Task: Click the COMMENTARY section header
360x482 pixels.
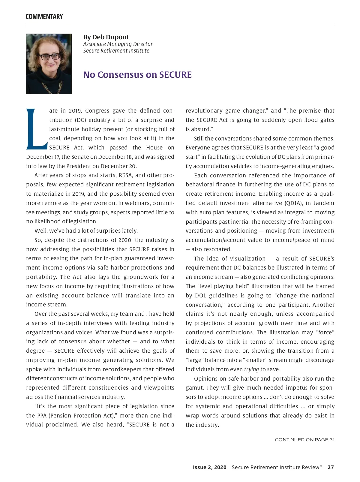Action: tap(44, 17)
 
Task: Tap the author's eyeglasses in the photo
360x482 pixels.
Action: tap(50, 56)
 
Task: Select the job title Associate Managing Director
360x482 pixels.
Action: tap(118, 44)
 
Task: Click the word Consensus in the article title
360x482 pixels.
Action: tap(127, 74)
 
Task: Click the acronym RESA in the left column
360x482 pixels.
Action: tap(125, 175)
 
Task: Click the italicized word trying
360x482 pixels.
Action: tap(251, 369)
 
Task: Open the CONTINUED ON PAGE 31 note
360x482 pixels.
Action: tap(304, 440)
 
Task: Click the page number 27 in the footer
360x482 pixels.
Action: tap(331, 467)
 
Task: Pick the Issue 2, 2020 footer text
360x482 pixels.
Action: tap(209, 467)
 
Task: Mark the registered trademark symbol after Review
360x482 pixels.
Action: tap(321, 466)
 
